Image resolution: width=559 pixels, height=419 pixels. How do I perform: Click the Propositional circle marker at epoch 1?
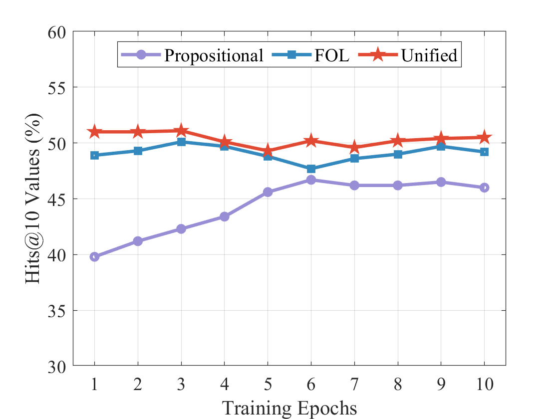pyautogui.click(x=94, y=257)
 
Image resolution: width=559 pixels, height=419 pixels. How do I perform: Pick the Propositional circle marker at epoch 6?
pyautogui.click(x=311, y=180)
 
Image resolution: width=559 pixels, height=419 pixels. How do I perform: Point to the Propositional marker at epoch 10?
pyautogui.click(x=484, y=188)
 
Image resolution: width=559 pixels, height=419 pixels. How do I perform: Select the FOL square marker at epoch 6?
pyautogui.click(x=311, y=169)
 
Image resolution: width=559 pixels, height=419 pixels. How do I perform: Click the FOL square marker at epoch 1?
pyautogui.click(x=94, y=155)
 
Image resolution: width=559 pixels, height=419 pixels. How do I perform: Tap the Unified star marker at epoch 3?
pyautogui.click(x=181, y=131)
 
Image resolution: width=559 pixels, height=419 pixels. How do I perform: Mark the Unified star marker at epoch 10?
pyautogui.click(x=484, y=138)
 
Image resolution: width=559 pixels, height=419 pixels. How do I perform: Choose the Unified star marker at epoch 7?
pyautogui.click(x=354, y=148)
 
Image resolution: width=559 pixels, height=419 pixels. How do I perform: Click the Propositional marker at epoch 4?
pyautogui.click(x=224, y=216)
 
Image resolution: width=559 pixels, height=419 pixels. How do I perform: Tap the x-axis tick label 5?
pyautogui.click(x=268, y=385)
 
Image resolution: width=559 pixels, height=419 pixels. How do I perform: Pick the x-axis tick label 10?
pyautogui.click(x=484, y=385)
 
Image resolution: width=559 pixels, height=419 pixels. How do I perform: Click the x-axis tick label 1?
pyautogui.click(x=94, y=385)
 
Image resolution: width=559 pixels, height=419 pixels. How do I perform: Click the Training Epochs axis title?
pyautogui.click(x=289, y=408)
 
